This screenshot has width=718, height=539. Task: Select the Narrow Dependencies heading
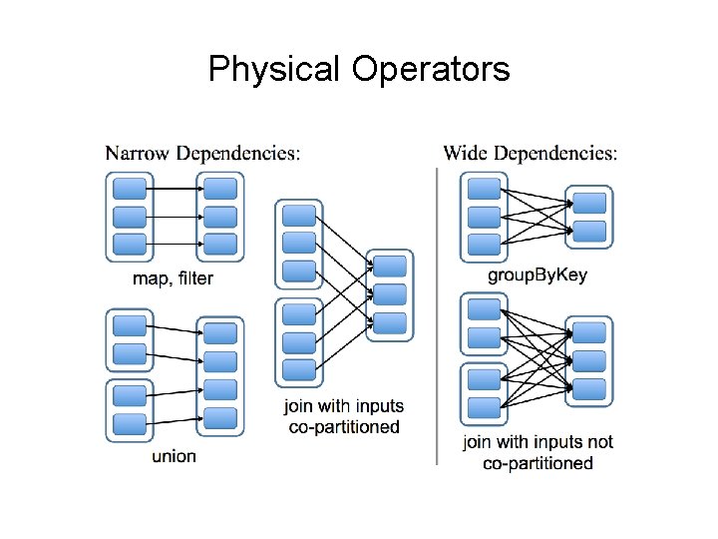(x=202, y=153)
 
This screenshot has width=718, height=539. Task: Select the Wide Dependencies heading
(x=530, y=153)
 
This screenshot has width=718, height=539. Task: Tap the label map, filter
(x=173, y=278)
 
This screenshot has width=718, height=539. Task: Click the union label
(x=174, y=456)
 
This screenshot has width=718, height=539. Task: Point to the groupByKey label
(x=537, y=276)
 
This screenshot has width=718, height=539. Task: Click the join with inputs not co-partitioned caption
(x=538, y=452)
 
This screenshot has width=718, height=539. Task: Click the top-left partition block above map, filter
(x=129, y=188)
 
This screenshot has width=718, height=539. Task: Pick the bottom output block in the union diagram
(x=220, y=418)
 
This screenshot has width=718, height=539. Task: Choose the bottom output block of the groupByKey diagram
(x=589, y=232)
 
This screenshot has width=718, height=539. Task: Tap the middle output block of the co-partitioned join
(x=390, y=294)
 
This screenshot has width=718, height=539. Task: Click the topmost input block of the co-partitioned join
(x=299, y=215)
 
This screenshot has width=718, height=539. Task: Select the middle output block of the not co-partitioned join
(x=589, y=360)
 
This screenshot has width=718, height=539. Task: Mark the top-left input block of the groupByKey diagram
(x=484, y=189)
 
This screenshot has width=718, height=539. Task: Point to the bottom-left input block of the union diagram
(x=130, y=423)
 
